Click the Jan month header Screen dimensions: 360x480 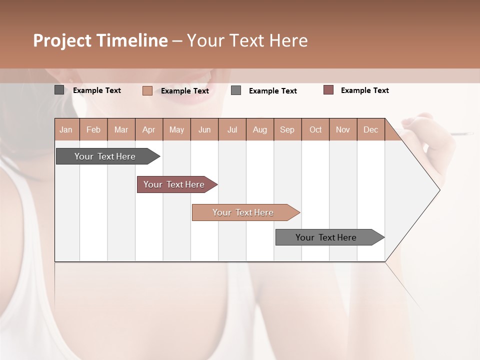[66, 129]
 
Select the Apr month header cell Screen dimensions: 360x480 [149, 129]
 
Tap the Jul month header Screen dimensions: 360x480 [232, 129]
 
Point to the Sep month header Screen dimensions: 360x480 [287, 129]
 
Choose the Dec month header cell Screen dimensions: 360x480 [370, 129]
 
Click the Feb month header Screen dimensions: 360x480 [93, 129]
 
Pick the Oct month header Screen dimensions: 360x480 [315, 129]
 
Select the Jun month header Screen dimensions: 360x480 [204, 129]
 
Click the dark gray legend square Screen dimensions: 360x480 [59, 90]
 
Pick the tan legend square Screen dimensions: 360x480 [147, 90]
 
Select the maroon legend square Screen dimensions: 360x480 [328, 90]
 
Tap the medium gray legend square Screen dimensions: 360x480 [236, 90]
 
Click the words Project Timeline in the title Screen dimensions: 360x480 [100, 40]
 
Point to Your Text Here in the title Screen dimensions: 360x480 [247, 40]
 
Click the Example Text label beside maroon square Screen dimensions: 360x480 [364, 90]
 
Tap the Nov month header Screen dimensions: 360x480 [343, 129]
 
